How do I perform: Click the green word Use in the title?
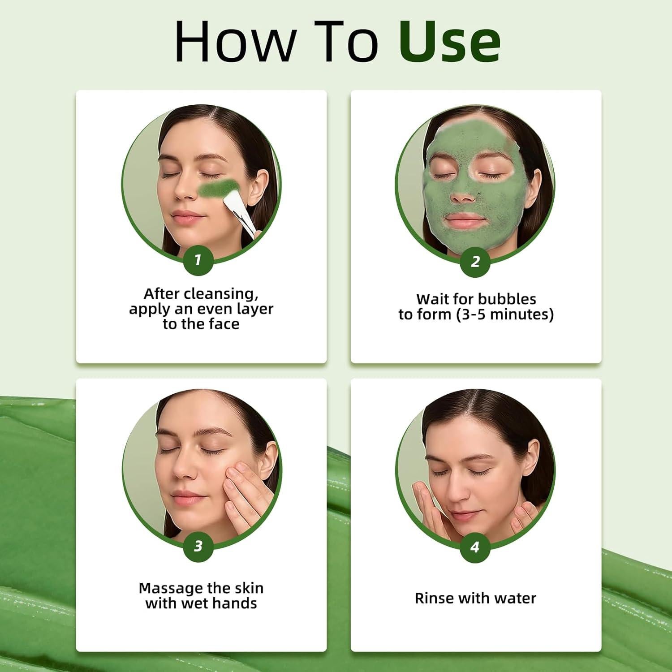coord(449,41)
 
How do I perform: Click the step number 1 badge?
coord(198,260)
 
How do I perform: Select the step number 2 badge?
coord(475,261)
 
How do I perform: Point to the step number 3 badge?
coord(198,546)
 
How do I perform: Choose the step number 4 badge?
coord(475,547)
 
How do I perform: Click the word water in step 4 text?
coord(517,598)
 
